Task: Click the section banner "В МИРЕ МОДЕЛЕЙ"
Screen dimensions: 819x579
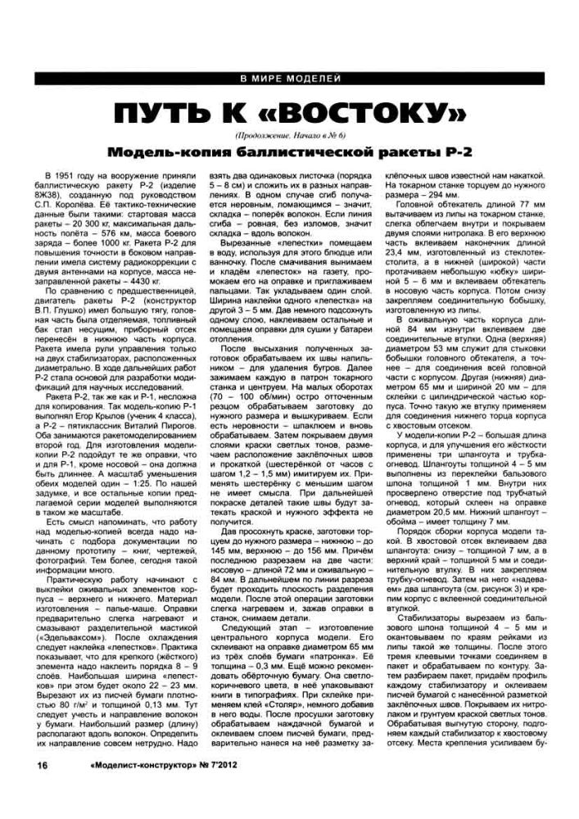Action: [x=288, y=79]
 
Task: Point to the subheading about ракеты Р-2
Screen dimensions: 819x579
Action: [x=289, y=153]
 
